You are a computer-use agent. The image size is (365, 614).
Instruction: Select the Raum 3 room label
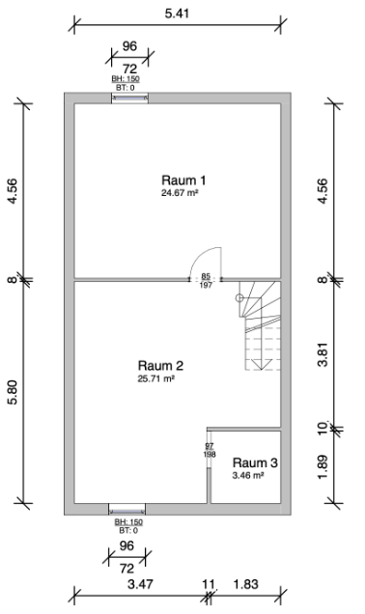[255, 462]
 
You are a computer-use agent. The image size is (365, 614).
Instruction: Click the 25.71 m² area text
[155, 378]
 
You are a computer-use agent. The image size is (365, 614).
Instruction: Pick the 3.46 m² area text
[248, 475]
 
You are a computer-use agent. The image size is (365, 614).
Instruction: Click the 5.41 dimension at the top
[177, 14]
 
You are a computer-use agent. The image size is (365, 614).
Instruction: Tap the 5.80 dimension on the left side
[13, 392]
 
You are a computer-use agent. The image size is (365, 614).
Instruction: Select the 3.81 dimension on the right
[323, 354]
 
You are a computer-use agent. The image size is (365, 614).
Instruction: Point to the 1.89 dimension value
[323, 466]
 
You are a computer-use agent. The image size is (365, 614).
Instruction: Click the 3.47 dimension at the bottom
[140, 584]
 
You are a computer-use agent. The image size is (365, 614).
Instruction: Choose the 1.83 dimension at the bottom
[246, 584]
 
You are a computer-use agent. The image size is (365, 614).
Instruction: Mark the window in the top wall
[129, 98]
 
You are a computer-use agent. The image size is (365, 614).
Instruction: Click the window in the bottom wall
[126, 509]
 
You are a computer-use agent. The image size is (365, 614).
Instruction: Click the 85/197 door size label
[206, 281]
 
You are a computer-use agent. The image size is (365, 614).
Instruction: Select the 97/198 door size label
[210, 450]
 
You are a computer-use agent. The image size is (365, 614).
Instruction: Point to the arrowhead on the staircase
[261, 364]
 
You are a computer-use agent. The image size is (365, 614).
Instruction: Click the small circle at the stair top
[239, 298]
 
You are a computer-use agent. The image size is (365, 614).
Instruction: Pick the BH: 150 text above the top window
[126, 79]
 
